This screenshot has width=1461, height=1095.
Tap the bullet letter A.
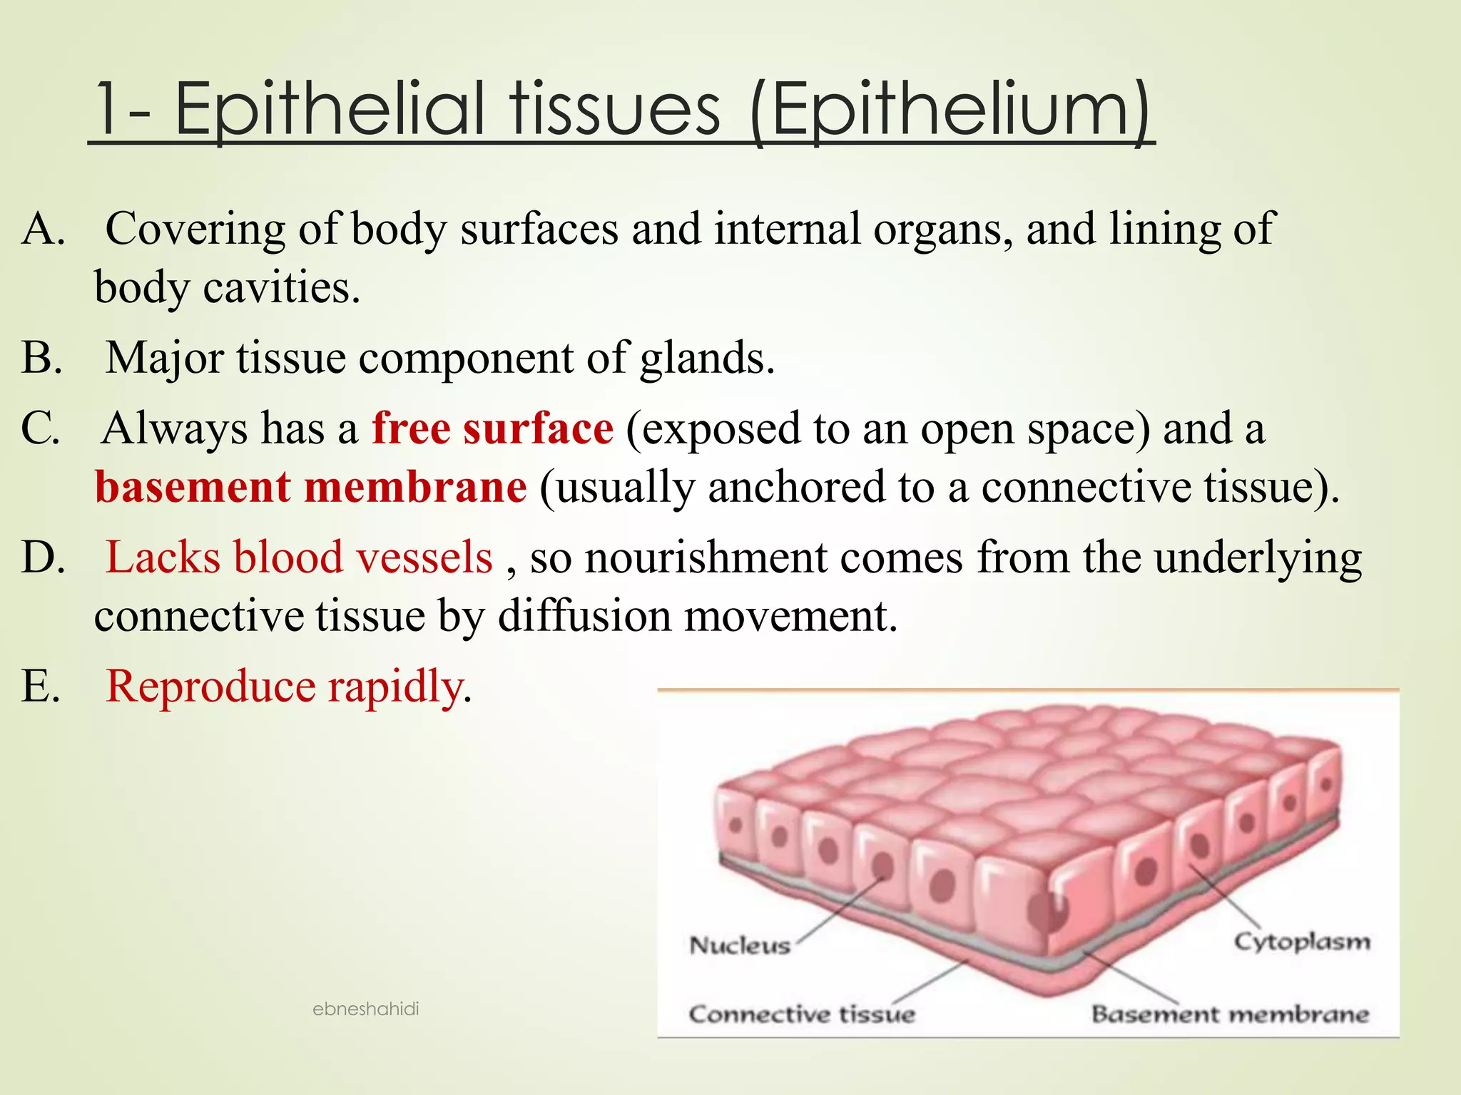pyautogui.click(x=43, y=230)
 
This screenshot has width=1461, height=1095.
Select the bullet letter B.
pyautogui.click(x=41, y=358)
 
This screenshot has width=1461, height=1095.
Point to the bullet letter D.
pyautogui.click(x=43, y=558)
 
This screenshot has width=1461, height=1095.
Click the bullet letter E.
pyautogui.click(x=40, y=687)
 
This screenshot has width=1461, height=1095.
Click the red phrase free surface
pyautogui.click(x=492, y=429)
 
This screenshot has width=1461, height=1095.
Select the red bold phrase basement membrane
pyautogui.click(x=311, y=488)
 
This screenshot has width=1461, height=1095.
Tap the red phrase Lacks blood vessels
pyautogui.click(x=299, y=557)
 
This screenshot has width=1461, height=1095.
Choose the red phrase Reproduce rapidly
pyautogui.click(x=285, y=687)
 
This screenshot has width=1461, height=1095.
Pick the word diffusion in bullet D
pyautogui.click(x=584, y=616)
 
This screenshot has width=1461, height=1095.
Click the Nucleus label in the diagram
pyautogui.click(x=740, y=945)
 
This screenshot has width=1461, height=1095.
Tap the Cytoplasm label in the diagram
pyautogui.click(x=1302, y=941)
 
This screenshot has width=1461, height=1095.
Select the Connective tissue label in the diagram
pyautogui.click(x=801, y=1014)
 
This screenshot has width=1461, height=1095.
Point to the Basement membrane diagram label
pyautogui.click(x=1230, y=1014)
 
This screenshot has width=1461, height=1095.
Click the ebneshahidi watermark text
pyautogui.click(x=365, y=1009)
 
